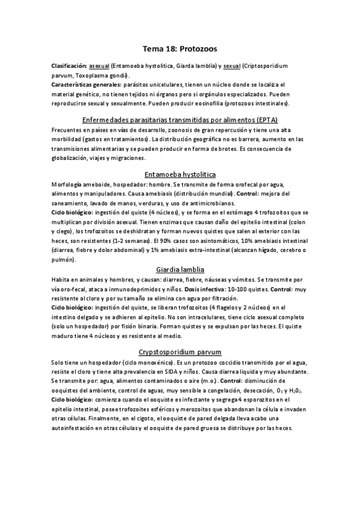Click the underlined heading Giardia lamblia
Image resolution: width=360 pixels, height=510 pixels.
180,270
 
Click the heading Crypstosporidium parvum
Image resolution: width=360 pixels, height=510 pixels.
180,351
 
